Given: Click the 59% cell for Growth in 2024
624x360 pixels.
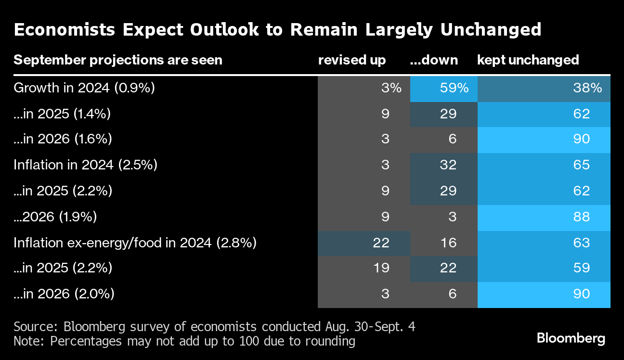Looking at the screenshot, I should click(x=443, y=88).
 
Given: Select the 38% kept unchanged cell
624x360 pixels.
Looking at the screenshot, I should click(x=544, y=88).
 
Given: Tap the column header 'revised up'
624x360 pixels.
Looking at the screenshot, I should click(x=351, y=60).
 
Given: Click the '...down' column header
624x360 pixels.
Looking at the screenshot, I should click(x=433, y=60).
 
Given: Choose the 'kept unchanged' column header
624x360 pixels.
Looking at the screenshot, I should click(x=528, y=60).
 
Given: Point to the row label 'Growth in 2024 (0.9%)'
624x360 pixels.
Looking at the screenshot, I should click(x=84, y=88).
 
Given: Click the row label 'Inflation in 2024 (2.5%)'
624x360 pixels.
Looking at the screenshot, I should click(x=86, y=165).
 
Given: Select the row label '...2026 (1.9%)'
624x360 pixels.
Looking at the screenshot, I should click(x=55, y=217).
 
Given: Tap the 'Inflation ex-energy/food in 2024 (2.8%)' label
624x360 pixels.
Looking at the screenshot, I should click(x=135, y=243).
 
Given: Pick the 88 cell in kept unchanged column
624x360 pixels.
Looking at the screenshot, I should click(x=544, y=217).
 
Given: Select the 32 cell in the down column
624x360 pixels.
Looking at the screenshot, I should click(x=443, y=165).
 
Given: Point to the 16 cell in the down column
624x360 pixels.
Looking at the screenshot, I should click(x=443, y=243).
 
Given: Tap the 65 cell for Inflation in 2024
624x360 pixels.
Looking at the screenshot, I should click(x=544, y=165).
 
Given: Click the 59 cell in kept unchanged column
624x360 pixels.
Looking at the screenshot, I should click(x=544, y=268).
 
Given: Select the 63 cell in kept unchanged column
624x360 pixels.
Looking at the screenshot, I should click(x=544, y=243).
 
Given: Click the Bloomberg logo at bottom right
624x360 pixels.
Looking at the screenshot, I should click(x=571, y=338).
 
